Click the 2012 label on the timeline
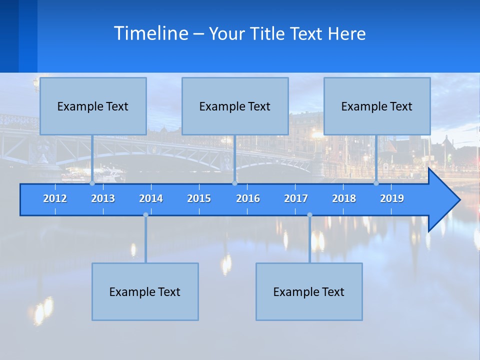[x=55, y=198]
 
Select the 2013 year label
[x=103, y=198]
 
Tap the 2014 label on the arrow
[x=151, y=198]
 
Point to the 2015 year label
[x=199, y=198]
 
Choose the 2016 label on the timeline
[x=248, y=198]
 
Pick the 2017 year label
[x=296, y=198]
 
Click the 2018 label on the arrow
[x=344, y=198]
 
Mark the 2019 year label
[x=392, y=198]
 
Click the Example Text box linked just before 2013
[x=93, y=106]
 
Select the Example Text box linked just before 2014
[x=145, y=291]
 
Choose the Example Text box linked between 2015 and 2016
[x=235, y=106]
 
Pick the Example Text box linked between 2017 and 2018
[x=309, y=291]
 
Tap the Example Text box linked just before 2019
[x=377, y=106]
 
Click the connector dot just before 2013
[x=92, y=183]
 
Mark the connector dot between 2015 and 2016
[x=234, y=183]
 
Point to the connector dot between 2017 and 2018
[x=309, y=215]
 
